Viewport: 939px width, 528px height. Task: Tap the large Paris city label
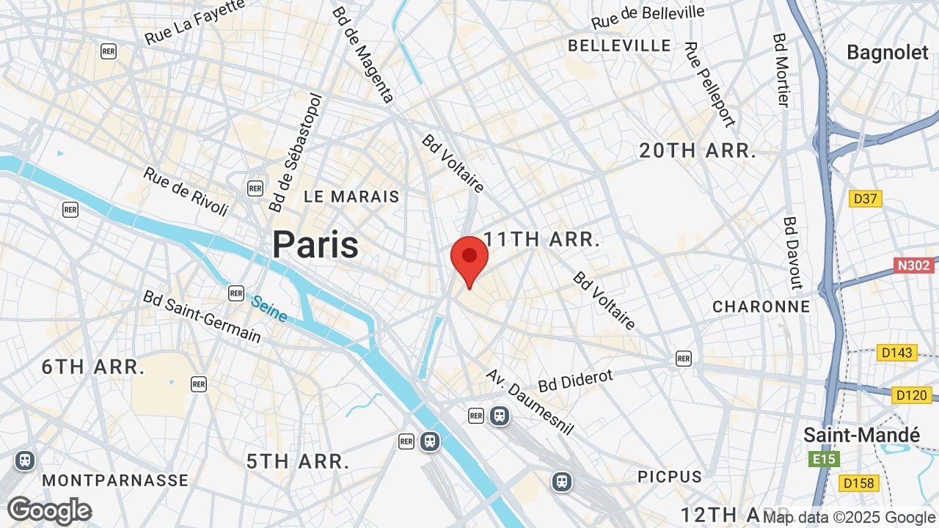tap(315, 244)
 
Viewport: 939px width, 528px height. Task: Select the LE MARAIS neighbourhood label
tap(351, 197)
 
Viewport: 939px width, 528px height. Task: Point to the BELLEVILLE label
tap(620, 45)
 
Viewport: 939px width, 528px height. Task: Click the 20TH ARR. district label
tap(698, 151)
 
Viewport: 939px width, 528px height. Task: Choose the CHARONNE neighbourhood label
tap(761, 307)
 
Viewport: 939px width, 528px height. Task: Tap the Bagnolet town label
tap(888, 52)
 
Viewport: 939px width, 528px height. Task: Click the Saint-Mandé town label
tap(861, 434)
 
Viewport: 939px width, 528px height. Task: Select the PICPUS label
tap(670, 477)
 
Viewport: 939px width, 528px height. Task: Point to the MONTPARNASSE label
tap(115, 480)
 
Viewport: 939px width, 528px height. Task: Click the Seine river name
tap(269, 308)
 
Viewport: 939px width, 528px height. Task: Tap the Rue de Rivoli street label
tap(186, 191)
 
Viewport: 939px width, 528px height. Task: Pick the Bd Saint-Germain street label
tap(202, 316)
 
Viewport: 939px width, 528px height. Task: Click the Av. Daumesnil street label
tap(530, 401)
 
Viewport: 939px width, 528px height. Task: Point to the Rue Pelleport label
tap(709, 84)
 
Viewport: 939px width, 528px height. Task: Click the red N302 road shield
tap(913, 265)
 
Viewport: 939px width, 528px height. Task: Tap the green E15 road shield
tap(824, 459)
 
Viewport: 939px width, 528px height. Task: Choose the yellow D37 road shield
tap(866, 199)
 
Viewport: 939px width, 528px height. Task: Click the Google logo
tap(49, 510)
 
